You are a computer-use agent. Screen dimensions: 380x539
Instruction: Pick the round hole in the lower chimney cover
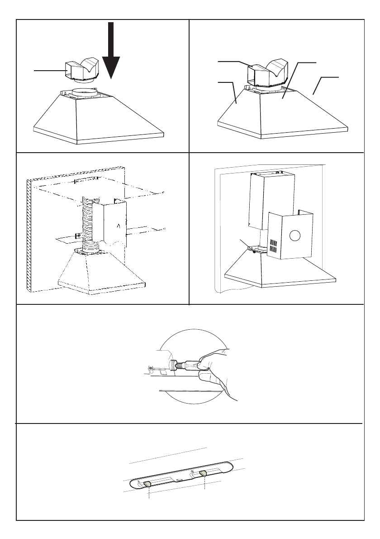point(294,236)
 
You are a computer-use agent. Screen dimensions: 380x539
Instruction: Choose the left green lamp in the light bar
point(148,485)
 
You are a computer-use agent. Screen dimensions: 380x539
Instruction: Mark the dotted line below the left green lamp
point(148,494)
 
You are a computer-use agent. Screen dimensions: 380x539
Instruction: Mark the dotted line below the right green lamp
point(205,484)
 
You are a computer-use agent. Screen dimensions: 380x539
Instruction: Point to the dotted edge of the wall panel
point(28,236)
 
